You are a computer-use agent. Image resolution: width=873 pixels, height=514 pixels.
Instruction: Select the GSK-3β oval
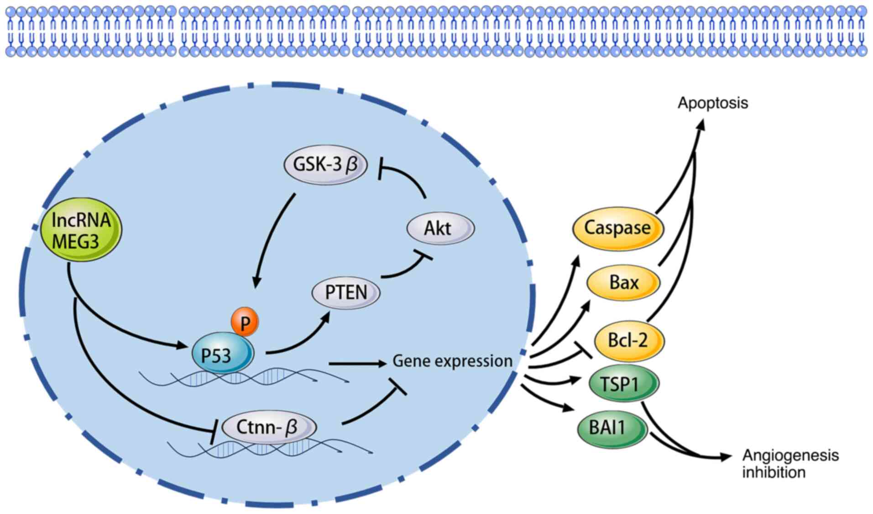325,164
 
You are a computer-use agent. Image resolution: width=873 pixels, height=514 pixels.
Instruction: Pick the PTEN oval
345,293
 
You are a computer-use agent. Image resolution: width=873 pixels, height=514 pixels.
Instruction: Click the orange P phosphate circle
245,322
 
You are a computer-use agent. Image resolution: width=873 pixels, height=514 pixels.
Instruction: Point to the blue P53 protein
222,355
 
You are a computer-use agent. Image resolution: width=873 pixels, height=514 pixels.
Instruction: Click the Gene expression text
452,361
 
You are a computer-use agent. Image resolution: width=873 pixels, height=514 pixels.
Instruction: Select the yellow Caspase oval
617,228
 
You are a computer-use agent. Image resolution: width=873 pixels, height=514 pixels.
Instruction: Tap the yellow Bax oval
623,283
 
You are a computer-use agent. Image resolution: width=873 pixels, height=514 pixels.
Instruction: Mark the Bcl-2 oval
628,341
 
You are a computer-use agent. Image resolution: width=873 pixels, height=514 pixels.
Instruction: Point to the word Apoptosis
712,103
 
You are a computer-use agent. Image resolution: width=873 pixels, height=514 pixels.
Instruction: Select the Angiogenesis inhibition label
790,463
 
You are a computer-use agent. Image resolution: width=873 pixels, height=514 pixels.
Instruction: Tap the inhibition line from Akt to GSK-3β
406,176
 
